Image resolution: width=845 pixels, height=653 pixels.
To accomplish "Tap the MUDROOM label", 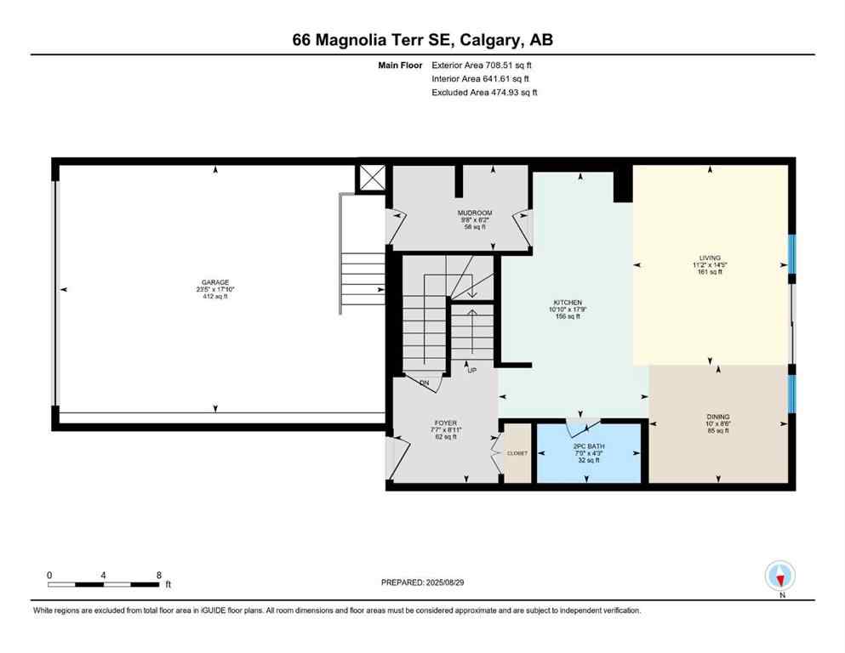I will [475, 213].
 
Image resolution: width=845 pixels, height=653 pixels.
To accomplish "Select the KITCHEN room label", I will [568, 303].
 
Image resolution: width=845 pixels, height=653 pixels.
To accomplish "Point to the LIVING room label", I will [710, 258].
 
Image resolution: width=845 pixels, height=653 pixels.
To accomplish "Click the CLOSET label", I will [517, 453].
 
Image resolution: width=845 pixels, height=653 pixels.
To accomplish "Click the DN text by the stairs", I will [424, 384].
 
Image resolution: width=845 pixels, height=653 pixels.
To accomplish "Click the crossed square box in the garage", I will [373, 179].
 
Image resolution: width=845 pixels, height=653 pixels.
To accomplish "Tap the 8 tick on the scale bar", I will [159, 575].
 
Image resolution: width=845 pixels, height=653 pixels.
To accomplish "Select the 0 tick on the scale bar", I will [49, 575].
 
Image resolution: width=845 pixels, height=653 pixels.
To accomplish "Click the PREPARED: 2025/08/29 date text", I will [422, 582].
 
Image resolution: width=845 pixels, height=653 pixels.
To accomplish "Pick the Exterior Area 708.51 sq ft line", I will [484, 65].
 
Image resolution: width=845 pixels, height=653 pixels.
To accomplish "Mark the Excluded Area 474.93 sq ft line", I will [484, 92].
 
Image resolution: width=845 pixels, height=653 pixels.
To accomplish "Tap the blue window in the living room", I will [791, 254].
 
